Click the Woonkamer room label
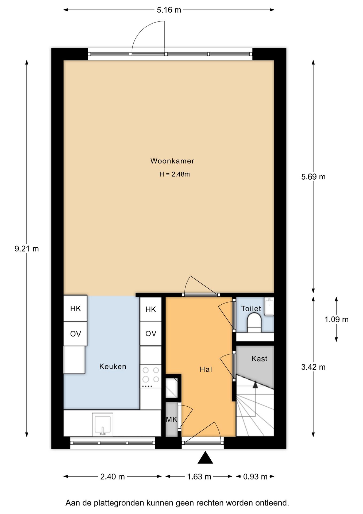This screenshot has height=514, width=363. click(172, 161)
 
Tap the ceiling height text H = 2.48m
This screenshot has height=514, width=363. click(175, 174)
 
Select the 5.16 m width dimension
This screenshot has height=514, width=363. click(169, 10)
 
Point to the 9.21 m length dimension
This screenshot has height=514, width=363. click(27, 249)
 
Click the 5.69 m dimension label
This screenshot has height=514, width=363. click(313, 177)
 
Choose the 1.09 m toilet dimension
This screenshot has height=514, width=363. click(337, 319)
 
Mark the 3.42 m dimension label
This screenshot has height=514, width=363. click(313, 367)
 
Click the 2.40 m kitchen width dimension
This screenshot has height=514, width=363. click(113, 477)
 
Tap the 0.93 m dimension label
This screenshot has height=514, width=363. click(255, 477)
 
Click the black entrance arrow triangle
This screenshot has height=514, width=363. click(205, 458)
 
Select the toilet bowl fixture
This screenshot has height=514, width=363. click(254, 323)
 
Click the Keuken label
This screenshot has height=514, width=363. click(113, 366)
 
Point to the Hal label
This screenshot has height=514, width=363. click(206, 369)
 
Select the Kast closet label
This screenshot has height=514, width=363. click(259, 359)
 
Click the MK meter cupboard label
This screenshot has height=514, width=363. click(171, 419)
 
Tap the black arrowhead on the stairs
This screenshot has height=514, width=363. click(255, 385)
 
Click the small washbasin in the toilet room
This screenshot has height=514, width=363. click(269, 306)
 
